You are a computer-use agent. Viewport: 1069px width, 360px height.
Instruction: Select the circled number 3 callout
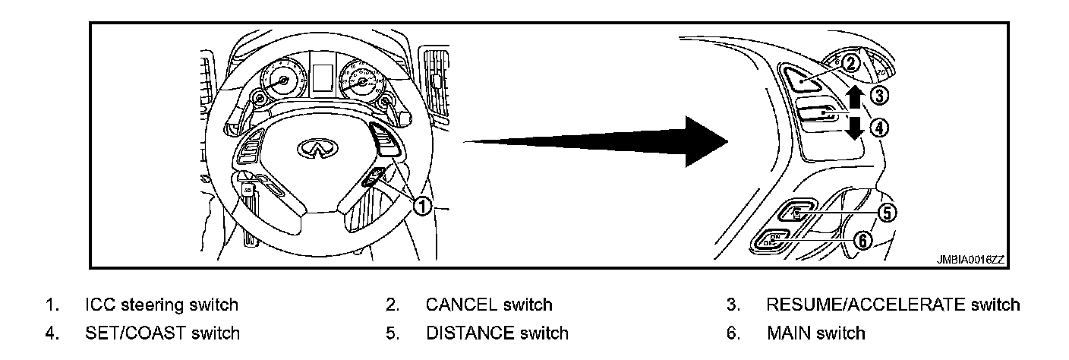(878, 96)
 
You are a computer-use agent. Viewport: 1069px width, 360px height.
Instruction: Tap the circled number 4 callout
(878, 128)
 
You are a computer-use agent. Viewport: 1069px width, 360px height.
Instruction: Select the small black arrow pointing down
(854, 127)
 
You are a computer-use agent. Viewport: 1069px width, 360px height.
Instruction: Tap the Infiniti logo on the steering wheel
(311, 148)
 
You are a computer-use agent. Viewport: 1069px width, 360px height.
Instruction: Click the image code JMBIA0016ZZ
(970, 260)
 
